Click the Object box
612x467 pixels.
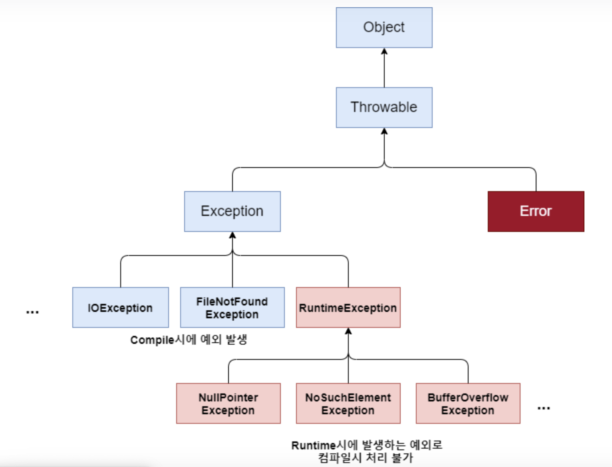click(x=384, y=28)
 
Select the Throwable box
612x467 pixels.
click(x=384, y=108)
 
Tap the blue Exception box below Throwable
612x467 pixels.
click(x=232, y=212)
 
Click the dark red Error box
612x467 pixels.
click(x=536, y=212)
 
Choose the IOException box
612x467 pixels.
click(x=121, y=307)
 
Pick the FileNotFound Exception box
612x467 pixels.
click(x=232, y=307)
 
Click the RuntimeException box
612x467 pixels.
click(x=348, y=307)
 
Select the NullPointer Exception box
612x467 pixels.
click(x=229, y=403)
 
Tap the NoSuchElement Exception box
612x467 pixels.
click(x=348, y=403)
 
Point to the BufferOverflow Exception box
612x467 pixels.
click(x=468, y=403)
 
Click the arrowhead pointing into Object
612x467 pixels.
click(x=384, y=51)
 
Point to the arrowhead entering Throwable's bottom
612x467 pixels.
click(x=384, y=132)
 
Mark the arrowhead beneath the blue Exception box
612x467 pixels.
click(x=232, y=235)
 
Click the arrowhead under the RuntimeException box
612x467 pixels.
click(x=348, y=331)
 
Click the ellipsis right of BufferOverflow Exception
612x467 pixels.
click(x=544, y=408)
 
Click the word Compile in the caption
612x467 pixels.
click(x=152, y=340)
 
